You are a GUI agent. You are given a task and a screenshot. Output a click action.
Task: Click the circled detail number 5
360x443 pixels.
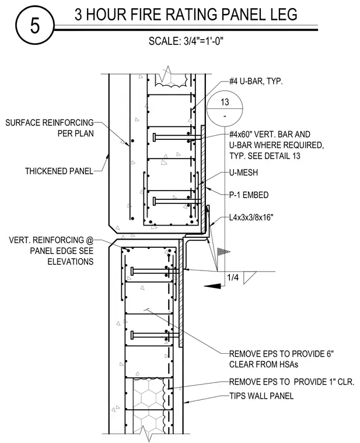34,26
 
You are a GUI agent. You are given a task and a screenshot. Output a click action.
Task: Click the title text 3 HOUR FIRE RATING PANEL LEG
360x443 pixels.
186,15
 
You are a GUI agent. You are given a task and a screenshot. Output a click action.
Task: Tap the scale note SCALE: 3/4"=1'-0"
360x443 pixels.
186,41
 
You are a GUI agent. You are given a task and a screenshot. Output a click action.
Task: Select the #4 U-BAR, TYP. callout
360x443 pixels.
256,82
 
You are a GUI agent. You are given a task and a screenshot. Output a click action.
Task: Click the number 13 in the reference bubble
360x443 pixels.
225,102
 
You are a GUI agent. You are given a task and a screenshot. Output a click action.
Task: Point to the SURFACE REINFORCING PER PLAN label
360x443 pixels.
50,128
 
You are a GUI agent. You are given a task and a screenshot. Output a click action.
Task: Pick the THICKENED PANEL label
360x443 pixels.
59,171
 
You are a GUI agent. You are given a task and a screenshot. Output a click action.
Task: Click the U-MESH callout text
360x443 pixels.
243,173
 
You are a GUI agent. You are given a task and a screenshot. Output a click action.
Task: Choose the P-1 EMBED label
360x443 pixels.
249,195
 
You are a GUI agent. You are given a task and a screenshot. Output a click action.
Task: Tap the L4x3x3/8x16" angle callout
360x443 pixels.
251,217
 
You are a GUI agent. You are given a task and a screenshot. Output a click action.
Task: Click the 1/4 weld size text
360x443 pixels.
233,277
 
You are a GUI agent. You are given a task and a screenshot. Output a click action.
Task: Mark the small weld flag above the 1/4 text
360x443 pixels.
223,251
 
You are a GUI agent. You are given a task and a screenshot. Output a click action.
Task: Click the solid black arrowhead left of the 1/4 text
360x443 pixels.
212,286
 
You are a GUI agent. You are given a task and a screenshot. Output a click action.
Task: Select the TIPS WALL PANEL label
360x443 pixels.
261,396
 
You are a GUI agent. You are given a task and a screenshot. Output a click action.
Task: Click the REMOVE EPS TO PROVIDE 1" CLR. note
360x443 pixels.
292,382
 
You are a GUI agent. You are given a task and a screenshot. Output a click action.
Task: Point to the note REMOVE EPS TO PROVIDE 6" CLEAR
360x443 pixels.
281,359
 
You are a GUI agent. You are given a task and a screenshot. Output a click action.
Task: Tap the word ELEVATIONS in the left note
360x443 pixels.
71,262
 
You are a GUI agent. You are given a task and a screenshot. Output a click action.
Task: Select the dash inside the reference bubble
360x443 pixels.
225,116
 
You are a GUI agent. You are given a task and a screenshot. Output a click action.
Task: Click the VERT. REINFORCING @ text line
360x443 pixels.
51,240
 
